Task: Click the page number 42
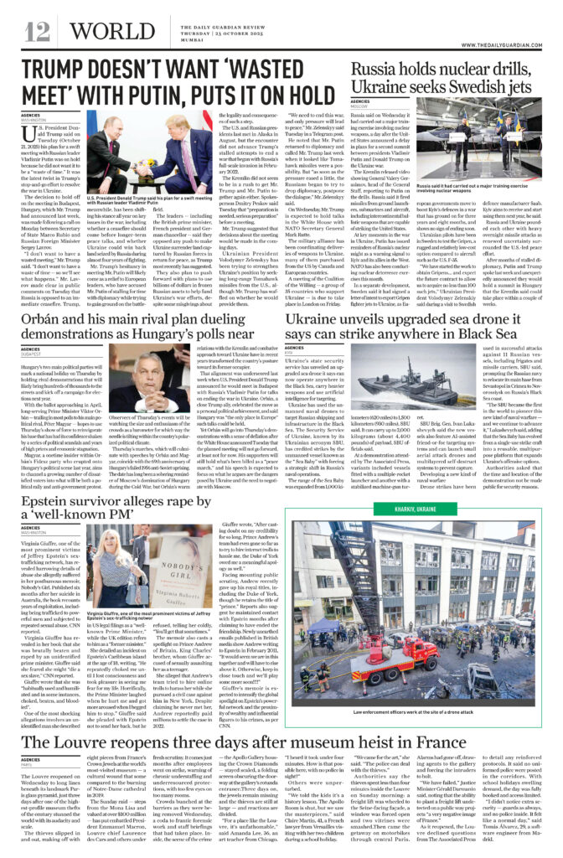pos(36,31)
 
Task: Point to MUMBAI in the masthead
pos(171,40)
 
